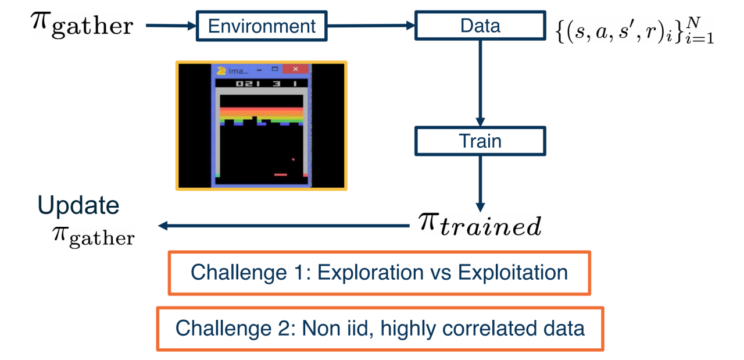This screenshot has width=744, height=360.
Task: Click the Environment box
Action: point(262,26)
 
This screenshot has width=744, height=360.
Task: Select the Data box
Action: point(480,26)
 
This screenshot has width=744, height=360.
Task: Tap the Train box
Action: point(480,141)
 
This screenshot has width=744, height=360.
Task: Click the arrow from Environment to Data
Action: point(373,26)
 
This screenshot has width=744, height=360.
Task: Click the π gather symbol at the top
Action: point(81,24)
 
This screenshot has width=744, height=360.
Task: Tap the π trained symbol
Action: point(480,224)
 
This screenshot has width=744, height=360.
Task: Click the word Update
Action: point(78,205)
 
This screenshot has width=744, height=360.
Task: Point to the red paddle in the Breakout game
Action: point(281,173)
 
